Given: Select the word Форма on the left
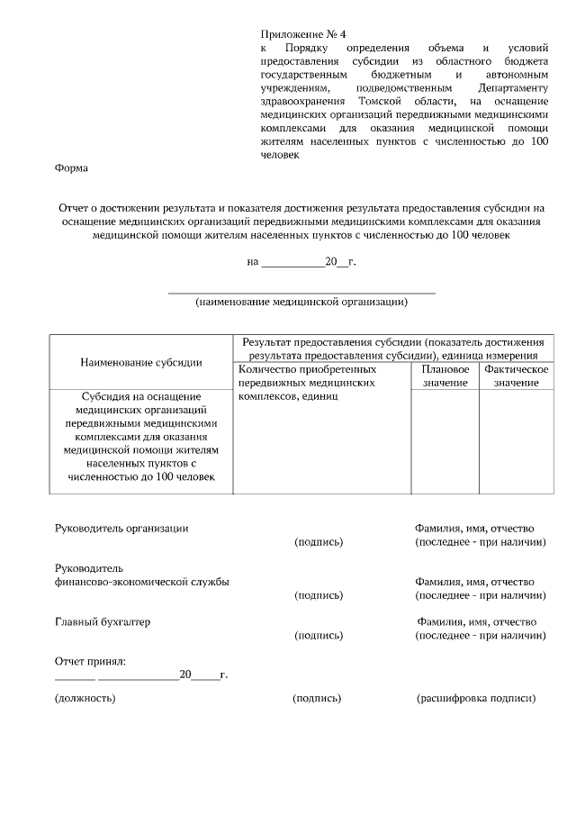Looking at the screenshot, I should coord(71,168).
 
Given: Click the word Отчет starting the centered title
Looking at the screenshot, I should coord(77,208).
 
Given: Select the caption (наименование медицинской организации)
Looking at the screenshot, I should coord(301,303).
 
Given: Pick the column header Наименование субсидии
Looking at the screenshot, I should coord(141,362).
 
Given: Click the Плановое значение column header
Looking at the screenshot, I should coord(445,376).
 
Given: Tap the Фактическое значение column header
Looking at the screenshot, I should coord(516,376).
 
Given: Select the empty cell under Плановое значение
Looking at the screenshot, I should coord(445,441).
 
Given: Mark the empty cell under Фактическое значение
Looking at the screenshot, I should coord(516,441).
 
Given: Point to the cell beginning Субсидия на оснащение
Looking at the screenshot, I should coord(141,436).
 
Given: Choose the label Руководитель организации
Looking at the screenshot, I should coord(121,529).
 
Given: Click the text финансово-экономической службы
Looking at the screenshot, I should coord(141,582).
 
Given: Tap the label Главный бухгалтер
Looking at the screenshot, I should coord(103,622).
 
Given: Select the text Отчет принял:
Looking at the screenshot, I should coord(90,662).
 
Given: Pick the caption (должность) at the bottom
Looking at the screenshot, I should coord(85,698).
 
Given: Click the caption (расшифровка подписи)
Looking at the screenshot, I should coord(476,698).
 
